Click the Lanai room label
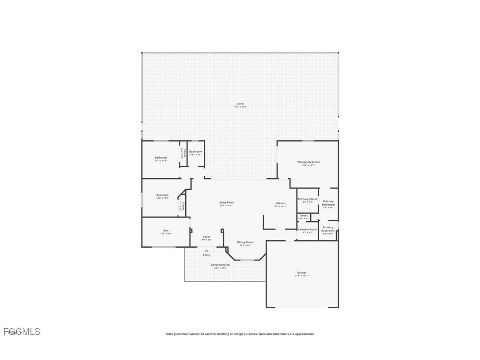[x=240, y=103]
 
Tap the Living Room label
[x=226, y=203]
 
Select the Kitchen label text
[x=280, y=203]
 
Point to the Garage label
[x=302, y=272]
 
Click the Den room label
[x=166, y=230]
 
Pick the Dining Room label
[x=245, y=242]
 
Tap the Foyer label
[x=206, y=237]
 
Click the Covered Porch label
[x=220, y=265]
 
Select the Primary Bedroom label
[x=309, y=162]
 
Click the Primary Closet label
[x=308, y=199]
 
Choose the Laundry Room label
[x=308, y=229]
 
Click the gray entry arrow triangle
[x=206, y=250]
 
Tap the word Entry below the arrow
[x=206, y=255]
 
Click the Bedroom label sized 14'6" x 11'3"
[x=162, y=195]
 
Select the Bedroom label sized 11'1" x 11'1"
[x=161, y=157]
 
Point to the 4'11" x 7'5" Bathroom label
[x=196, y=152]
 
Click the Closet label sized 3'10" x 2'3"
[x=304, y=215]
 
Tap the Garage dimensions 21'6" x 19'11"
[x=302, y=276]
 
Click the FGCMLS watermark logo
[x=22, y=331]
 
